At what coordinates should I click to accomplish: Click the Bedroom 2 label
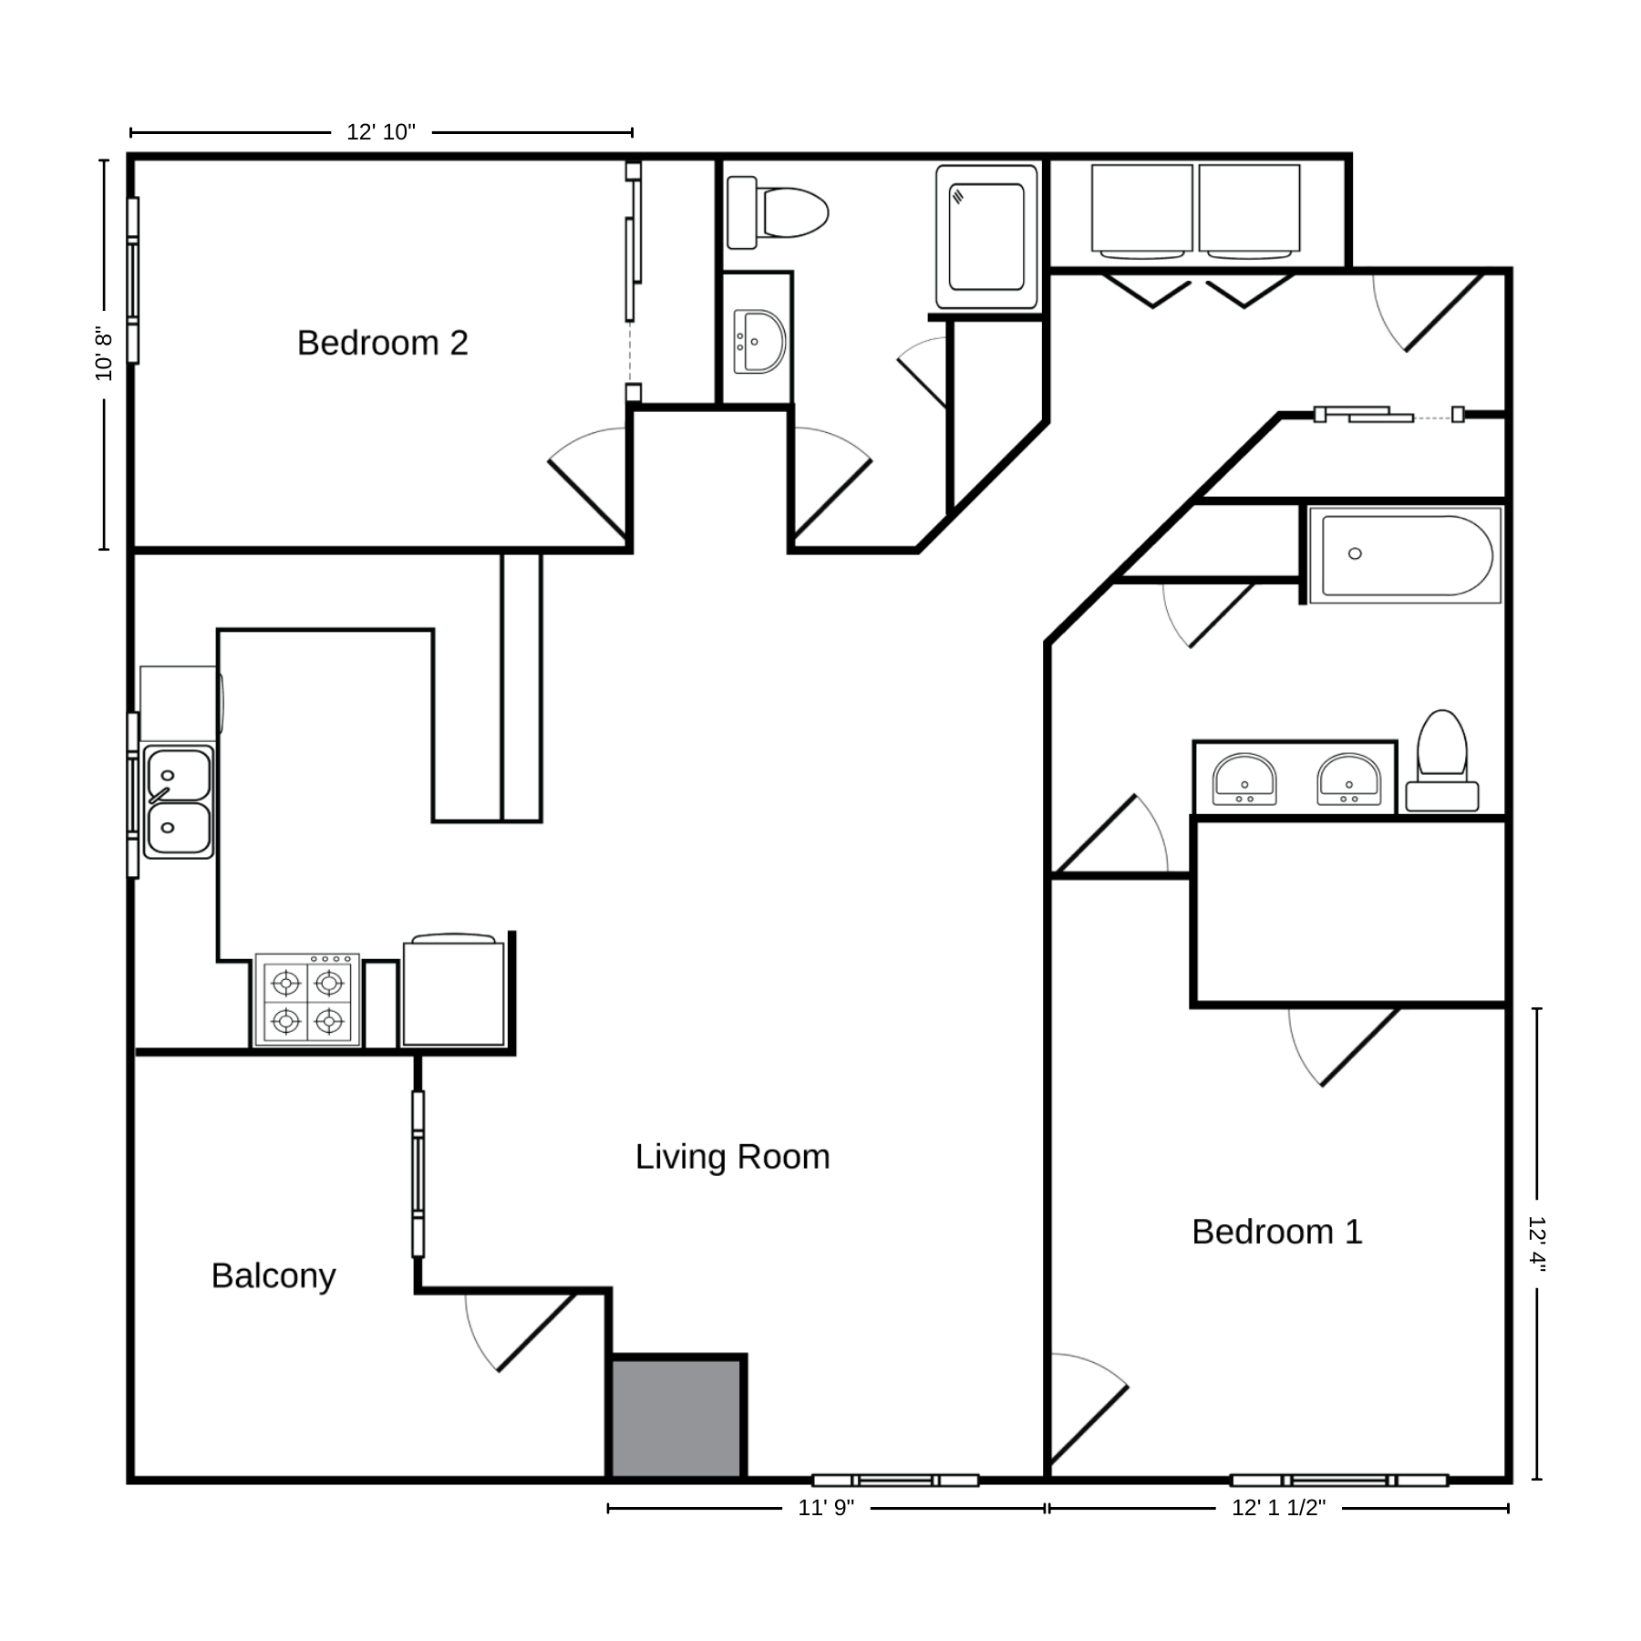[383, 343]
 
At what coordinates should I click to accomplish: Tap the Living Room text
[733, 1157]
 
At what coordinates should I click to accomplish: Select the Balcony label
[273, 1275]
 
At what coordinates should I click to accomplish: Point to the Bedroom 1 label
[1277, 1232]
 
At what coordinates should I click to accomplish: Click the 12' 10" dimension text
[381, 132]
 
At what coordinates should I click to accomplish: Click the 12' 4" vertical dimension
[1537, 1244]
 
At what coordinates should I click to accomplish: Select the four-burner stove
[307, 999]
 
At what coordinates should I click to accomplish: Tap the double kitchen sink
[179, 802]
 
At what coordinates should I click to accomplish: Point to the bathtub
[1405, 555]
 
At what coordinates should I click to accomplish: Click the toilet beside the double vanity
[1442, 760]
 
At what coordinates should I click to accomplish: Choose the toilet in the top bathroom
[778, 212]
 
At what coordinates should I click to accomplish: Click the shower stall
[986, 237]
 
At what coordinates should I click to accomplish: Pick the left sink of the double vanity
[1244, 779]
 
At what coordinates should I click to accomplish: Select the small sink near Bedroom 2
[759, 342]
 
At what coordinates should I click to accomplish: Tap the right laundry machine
[1249, 211]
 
